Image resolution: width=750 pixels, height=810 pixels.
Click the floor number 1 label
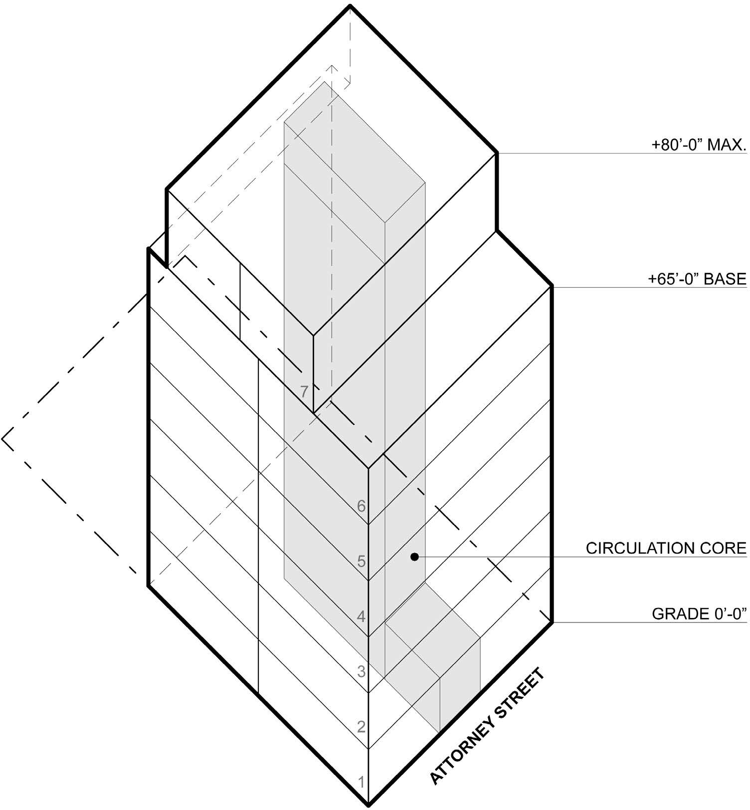[x=362, y=783]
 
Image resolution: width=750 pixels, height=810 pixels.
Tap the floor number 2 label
[x=362, y=727]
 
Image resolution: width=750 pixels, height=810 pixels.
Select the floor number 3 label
[x=362, y=672]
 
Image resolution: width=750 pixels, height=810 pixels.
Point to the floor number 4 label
[x=362, y=617]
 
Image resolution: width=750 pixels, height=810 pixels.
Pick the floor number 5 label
[x=362, y=562]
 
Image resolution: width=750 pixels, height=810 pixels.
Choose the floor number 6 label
[x=362, y=506]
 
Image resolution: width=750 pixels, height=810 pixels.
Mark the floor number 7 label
[x=305, y=392]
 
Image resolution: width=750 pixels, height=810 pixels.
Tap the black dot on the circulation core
[x=414, y=557]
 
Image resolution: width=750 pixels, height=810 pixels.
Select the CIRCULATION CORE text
[x=666, y=548]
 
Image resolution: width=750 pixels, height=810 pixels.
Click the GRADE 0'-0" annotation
[x=699, y=613]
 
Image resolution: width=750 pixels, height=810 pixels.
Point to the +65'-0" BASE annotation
[x=697, y=279]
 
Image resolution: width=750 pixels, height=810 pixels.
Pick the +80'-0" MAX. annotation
[x=699, y=146]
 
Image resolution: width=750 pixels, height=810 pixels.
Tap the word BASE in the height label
[x=725, y=279]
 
